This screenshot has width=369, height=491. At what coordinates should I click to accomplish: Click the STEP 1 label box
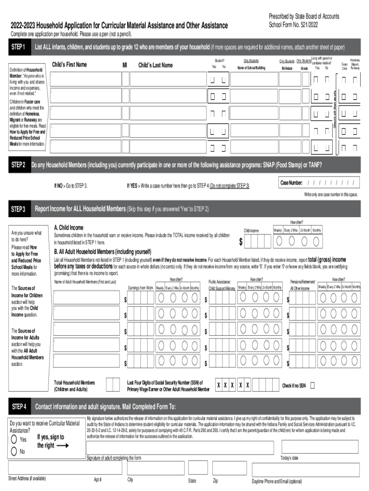18,47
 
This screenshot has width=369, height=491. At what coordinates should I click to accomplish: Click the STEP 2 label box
18,165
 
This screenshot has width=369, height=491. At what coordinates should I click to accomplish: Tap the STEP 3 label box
18,209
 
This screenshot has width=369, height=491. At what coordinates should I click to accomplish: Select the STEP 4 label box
18,407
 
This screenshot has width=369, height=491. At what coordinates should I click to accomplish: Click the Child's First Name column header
69,65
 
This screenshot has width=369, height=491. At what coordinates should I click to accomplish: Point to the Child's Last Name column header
155,65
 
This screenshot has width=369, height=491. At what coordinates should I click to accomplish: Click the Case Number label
291,183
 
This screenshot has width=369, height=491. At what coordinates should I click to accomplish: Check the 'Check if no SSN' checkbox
312,386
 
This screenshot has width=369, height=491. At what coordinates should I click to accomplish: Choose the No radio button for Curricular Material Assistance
15,451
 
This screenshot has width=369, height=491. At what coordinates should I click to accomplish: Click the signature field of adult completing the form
180,447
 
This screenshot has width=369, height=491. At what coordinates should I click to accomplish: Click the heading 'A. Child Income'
69,227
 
